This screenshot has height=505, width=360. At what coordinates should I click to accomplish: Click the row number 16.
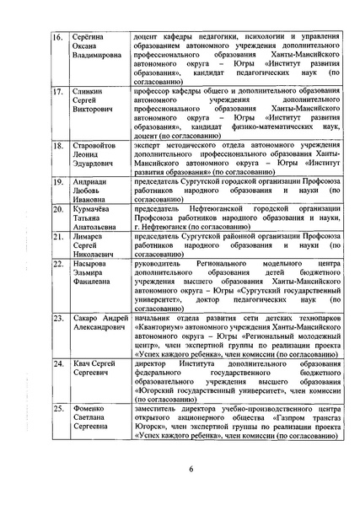click(57, 40)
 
